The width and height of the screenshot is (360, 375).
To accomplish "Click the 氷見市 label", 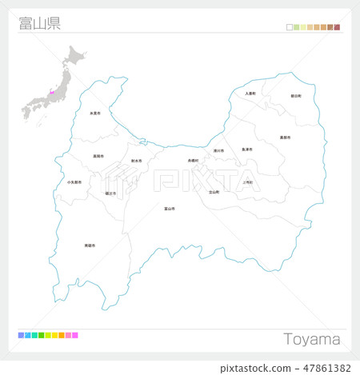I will tap(95, 114).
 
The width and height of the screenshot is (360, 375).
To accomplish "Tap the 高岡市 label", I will tap(98, 156).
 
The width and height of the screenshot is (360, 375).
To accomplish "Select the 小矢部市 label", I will tap(74, 182).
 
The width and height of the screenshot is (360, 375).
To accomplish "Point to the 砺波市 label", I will tap(110, 193).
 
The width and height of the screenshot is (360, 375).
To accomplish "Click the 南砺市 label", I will tap(90, 245).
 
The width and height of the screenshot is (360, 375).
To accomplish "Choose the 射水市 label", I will tap(136, 161).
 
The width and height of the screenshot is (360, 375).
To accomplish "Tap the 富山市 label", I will tap(170, 209).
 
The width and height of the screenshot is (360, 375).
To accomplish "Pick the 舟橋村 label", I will tap(193, 160).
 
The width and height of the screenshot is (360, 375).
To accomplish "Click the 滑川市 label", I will tap(218, 150).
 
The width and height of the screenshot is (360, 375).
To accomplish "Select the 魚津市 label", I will tap(247, 150).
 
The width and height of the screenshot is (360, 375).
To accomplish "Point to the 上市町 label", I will tap(247, 182).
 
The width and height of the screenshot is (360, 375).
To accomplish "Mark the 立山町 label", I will tap(214, 192).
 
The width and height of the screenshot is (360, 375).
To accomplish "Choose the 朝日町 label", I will tap(296, 96).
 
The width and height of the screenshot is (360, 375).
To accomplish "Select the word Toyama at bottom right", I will tap(312, 339).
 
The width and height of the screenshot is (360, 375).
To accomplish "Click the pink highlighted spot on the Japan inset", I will tap(52, 94).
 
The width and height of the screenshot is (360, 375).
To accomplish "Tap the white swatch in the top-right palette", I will tap(290, 27).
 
